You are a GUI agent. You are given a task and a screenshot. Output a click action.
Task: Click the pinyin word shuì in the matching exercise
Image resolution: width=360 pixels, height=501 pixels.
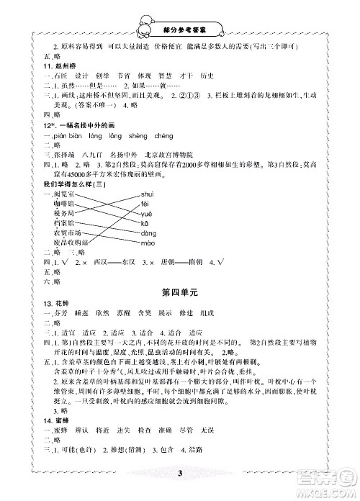[x=146, y=196]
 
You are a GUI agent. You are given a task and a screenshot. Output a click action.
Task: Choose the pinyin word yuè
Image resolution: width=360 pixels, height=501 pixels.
[x=145, y=215]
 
